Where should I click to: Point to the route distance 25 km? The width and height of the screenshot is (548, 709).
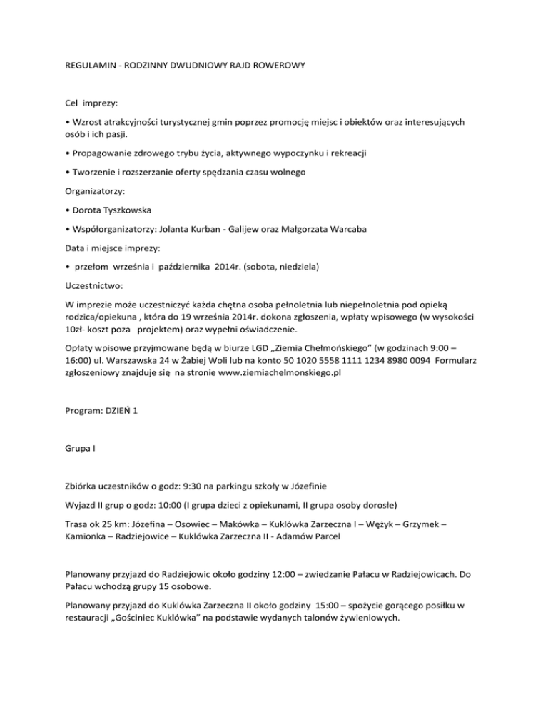tap(107, 524)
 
